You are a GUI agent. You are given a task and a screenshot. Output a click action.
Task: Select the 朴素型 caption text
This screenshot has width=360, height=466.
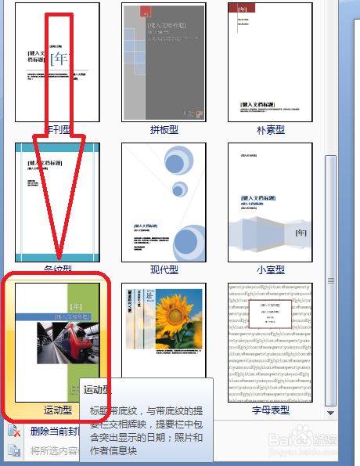pyautogui.click(x=269, y=130)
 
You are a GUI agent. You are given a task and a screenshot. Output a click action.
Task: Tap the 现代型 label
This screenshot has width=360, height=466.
pyautogui.click(x=164, y=270)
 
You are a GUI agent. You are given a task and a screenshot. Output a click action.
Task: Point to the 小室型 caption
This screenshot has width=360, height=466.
pyautogui.click(x=269, y=270)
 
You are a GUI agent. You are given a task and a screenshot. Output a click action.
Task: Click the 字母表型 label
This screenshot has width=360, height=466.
pyautogui.click(x=269, y=410)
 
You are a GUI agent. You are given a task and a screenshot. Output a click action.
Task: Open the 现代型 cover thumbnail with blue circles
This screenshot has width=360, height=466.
pyautogui.click(x=164, y=202)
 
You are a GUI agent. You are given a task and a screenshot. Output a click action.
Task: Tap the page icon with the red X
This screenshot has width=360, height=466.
pyautogui.click(x=13, y=430)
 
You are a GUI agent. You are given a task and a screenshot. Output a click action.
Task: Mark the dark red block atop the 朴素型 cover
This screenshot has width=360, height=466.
pyautogui.click(x=239, y=9)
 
